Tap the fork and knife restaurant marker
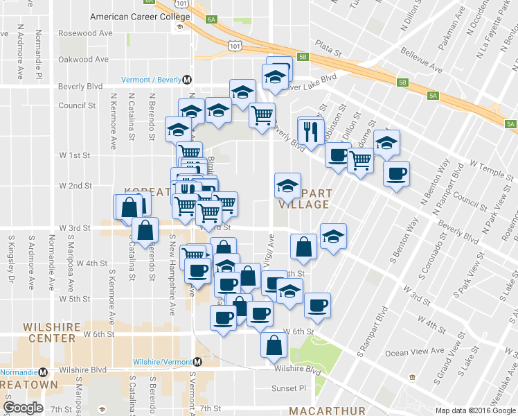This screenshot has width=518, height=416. click(310, 130)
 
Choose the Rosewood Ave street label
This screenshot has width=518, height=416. click(85, 33)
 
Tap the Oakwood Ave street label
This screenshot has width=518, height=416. click(84, 60)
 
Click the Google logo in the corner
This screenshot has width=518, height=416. click(23, 408)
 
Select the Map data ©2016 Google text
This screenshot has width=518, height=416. click(476, 410)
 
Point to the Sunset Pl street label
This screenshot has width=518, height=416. click(288, 389)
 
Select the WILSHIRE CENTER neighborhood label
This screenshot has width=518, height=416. click(49, 332)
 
